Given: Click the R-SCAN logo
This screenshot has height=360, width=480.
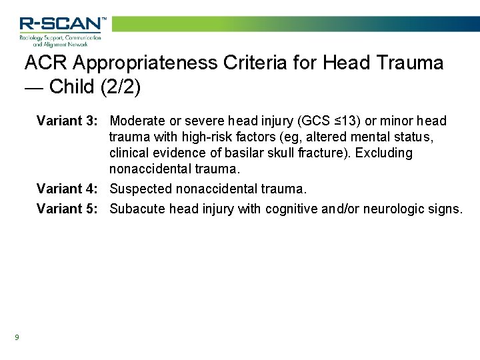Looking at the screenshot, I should tap(62, 30).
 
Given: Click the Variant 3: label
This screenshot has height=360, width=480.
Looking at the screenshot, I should tap(69, 121).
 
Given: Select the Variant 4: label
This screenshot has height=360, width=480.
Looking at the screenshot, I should tap(69, 189).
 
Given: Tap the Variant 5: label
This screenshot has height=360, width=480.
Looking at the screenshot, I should tap(69, 209).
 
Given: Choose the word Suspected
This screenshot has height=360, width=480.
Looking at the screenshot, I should tap(141, 189).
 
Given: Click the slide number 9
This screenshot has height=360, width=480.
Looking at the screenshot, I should tap(17, 337).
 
